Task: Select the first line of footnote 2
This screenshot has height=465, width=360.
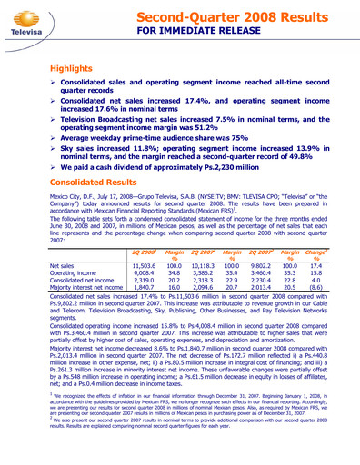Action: (181, 443)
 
